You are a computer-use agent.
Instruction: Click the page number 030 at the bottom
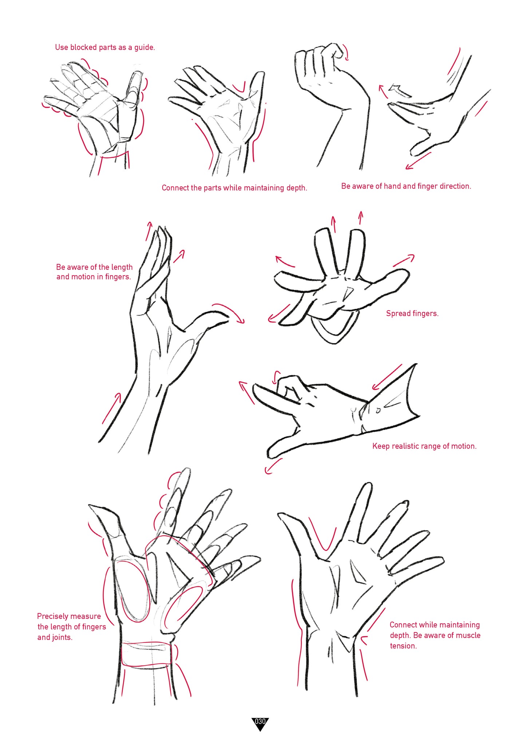(260, 721)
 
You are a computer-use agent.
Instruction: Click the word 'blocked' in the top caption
(83, 47)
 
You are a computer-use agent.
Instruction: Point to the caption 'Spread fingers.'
(412, 313)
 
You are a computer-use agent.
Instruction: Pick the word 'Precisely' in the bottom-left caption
(53, 616)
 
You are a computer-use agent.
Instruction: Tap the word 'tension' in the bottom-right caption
(403, 645)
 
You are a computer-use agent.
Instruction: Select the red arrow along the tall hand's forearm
(111, 408)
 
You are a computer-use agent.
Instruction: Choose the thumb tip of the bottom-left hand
(91, 506)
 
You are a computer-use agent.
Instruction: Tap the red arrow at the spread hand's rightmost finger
(404, 260)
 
